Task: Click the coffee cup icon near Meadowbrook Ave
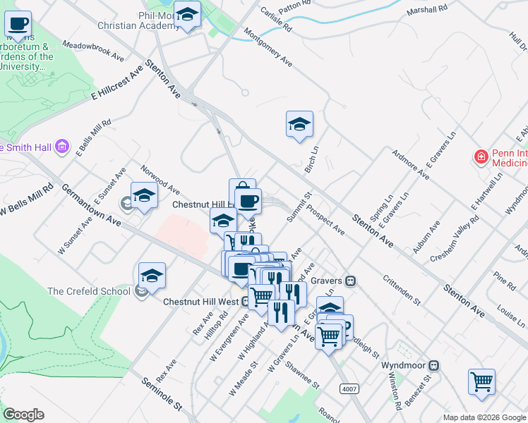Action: click(18, 24)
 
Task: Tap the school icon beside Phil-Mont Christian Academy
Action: click(187, 14)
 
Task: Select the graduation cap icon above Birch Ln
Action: click(299, 124)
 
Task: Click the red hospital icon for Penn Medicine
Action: click(481, 156)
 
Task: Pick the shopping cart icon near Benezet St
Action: click(481, 381)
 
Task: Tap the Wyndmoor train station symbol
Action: click(435, 366)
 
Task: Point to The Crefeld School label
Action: click(88, 290)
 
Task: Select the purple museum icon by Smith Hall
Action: click(63, 147)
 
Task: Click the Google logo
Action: click(23, 415)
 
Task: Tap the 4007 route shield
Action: click(349, 388)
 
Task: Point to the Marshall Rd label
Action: click(428, 10)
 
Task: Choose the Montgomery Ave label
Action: click(268, 48)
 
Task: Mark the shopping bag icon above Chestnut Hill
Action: click(242, 190)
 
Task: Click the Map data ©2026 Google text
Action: click(484, 417)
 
